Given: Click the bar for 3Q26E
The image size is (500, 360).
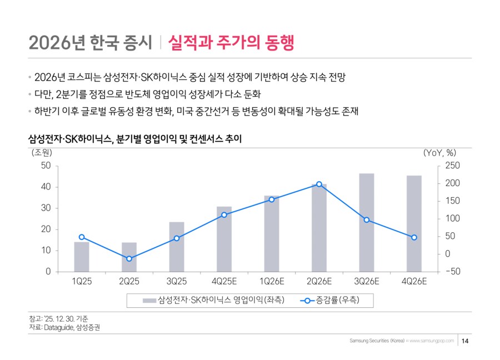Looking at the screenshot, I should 366,222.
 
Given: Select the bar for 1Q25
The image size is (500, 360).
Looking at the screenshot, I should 82,257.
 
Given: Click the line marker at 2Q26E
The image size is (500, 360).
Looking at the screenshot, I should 319,184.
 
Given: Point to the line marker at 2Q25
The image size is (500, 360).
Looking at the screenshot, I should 129,258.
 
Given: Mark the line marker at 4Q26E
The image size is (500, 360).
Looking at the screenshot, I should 414,237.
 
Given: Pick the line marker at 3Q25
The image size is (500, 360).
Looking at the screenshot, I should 177,238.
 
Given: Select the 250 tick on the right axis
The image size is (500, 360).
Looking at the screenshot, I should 451,166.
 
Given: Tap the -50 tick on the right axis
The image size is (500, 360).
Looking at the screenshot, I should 451,272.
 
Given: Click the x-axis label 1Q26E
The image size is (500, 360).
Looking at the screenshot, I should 271,282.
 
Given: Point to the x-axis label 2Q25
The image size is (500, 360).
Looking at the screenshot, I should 129,282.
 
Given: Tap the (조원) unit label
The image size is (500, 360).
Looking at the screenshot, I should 41,153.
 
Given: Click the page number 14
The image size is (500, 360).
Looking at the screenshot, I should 465,341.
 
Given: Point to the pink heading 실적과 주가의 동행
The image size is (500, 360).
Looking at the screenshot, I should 230,42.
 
